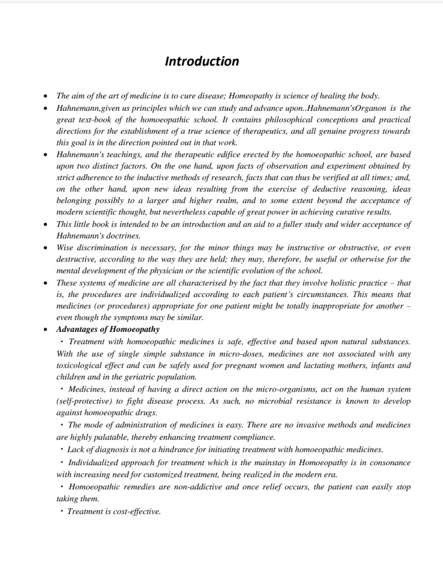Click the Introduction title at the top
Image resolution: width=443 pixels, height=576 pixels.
pos(202,61)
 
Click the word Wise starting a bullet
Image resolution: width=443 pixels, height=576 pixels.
pos(66,247)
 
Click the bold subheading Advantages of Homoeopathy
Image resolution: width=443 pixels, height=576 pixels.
pos(108,330)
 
